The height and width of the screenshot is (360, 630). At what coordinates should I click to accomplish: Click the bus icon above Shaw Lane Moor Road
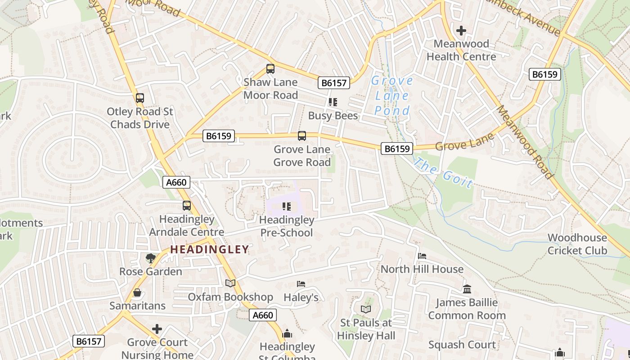[270, 69]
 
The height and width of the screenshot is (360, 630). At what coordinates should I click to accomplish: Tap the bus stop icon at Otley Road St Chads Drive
[140, 98]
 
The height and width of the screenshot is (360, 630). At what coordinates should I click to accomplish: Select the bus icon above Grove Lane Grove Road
[302, 136]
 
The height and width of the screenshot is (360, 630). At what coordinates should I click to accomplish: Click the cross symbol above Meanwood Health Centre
[461, 31]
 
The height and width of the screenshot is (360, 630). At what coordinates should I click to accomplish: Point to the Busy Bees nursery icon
[333, 103]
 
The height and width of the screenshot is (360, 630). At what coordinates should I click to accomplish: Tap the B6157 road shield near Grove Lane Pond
[334, 83]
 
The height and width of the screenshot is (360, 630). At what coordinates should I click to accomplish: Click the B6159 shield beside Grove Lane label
[397, 148]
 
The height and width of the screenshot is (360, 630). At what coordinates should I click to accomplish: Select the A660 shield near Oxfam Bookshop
[263, 315]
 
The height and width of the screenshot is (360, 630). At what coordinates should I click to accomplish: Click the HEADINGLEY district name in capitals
[209, 249]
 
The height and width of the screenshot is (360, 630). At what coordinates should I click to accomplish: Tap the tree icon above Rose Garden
[150, 258]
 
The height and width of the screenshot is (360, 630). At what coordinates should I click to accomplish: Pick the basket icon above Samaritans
[137, 292]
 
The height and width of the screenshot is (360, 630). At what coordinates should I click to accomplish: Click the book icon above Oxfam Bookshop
[230, 283]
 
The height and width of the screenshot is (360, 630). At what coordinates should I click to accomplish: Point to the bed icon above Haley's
[301, 284]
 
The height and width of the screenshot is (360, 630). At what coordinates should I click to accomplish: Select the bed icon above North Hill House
[422, 256]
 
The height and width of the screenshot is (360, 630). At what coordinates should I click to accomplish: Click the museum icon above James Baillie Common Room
[467, 289]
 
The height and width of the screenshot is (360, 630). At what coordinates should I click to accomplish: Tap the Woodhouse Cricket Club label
[577, 244]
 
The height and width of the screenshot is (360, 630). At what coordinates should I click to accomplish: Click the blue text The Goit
[443, 173]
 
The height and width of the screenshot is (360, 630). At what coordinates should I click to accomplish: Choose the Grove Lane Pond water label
[392, 95]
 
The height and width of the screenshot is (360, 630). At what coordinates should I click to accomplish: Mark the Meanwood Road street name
[525, 142]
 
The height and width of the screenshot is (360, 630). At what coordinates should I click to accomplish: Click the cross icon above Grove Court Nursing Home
[157, 329]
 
